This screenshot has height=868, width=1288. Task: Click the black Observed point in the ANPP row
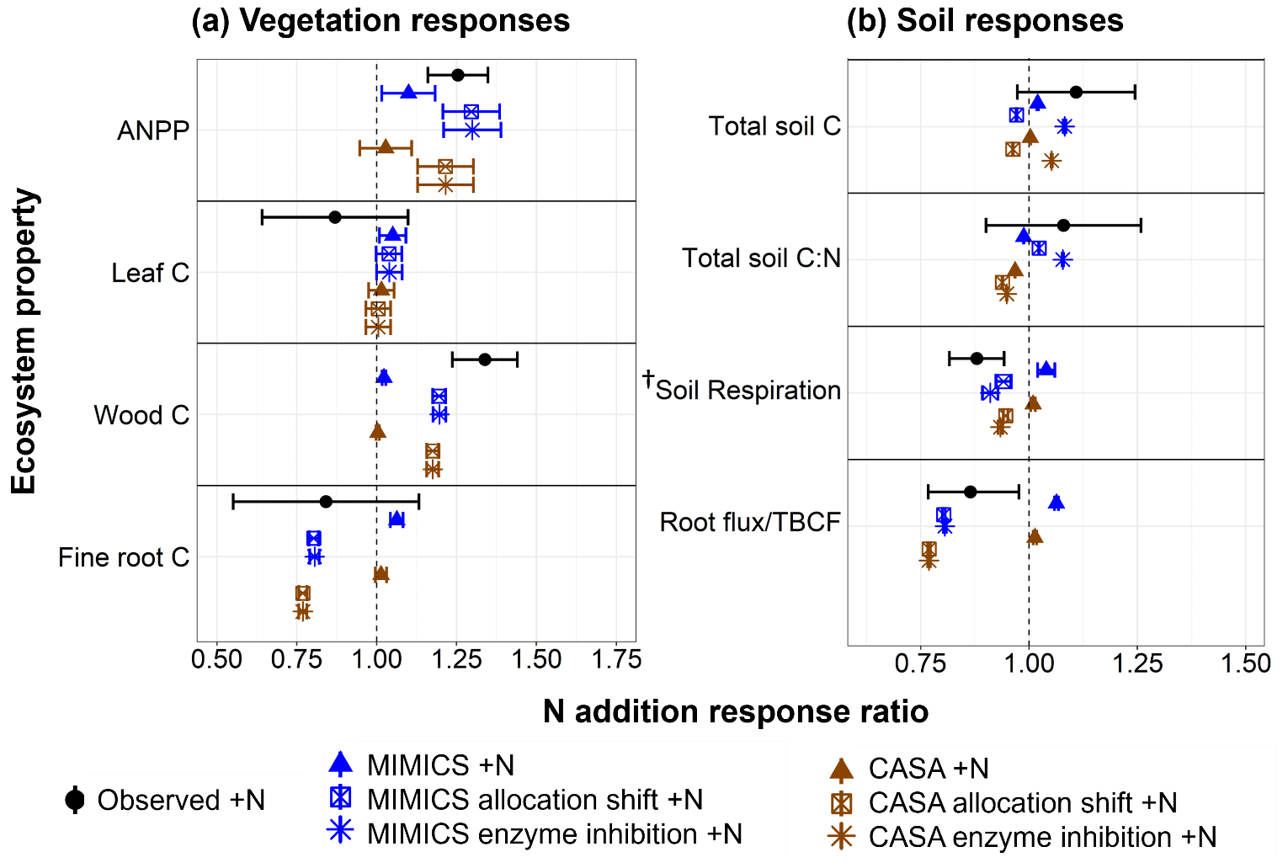(x=458, y=75)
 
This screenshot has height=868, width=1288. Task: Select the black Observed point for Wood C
(x=485, y=359)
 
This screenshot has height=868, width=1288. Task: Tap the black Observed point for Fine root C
(x=326, y=502)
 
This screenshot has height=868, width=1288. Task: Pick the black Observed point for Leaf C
(x=335, y=217)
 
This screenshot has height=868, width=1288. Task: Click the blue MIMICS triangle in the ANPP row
(x=408, y=92)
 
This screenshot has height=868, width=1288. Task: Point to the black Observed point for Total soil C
(x=1076, y=92)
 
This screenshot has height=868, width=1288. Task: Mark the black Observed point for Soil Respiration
(x=977, y=358)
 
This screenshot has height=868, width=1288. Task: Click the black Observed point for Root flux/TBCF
(x=970, y=492)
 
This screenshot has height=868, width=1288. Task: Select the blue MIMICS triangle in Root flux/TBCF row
(x=1056, y=503)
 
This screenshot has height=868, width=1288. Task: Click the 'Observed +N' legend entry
(x=165, y=800)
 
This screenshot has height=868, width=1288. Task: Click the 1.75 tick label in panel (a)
(x=616, y=659)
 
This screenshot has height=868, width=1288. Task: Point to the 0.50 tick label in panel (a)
(x=217, y=659)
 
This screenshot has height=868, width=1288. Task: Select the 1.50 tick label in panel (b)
(x=1245, y=663)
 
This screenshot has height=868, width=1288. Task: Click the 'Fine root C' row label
(x=124, y=557)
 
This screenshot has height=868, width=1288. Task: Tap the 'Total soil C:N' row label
(x=761, y=258)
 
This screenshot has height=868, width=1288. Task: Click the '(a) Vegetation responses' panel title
(x=381, y=21)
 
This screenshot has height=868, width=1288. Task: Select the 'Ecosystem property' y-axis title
(x=24, y=341)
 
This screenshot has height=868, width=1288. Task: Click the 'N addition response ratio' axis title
(x=736, y=712)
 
